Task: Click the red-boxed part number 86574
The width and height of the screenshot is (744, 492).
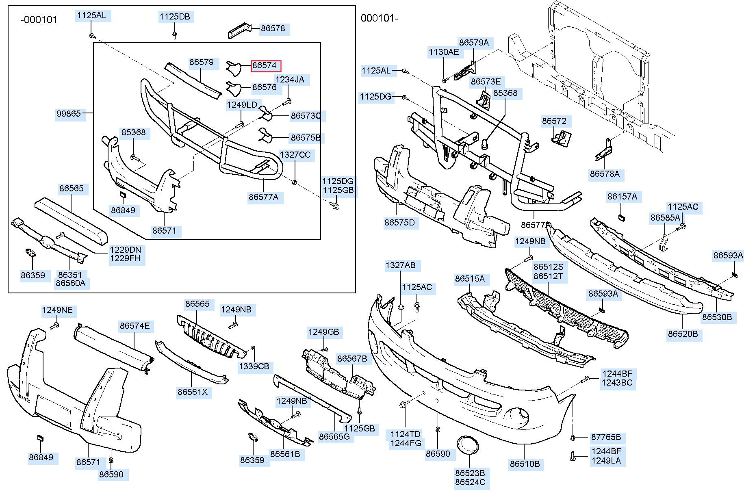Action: click(x=265, y=65)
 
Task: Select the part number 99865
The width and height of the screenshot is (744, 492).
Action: click(x=68, y=114)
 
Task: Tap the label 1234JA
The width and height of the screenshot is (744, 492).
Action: click(x=290, y=80)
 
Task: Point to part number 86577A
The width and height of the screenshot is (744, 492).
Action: click(x=263, y=197)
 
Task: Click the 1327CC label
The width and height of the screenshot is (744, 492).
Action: click(x=295, y=155)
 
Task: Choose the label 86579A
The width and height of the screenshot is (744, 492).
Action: click(x=474, y=43)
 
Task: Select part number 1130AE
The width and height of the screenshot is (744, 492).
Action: click(x=444, y=52)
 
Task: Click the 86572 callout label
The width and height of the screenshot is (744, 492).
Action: click(x=554, y=121)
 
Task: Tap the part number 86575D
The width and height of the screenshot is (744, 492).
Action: click(x=399, y=223)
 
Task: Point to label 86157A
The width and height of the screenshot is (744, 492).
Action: click(x=622, y=197)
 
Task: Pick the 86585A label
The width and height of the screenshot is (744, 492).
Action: click(x=665, y=218)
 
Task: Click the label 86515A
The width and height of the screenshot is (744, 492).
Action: click(x=470, y=279)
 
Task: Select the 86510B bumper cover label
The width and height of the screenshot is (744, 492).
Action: click(x=525, y=464)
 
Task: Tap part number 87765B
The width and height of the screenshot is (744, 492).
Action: click(x=606, y=437)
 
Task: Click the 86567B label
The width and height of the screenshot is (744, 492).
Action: click(x=352, y=358)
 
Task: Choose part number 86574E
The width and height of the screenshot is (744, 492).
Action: click(x=134, y=326)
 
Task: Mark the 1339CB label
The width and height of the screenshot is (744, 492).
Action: click(x=254, y=366)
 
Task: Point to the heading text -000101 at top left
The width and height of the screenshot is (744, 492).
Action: click(x=39, y=20)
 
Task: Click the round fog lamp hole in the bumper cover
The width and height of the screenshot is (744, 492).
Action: click(x=517, y=416)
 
